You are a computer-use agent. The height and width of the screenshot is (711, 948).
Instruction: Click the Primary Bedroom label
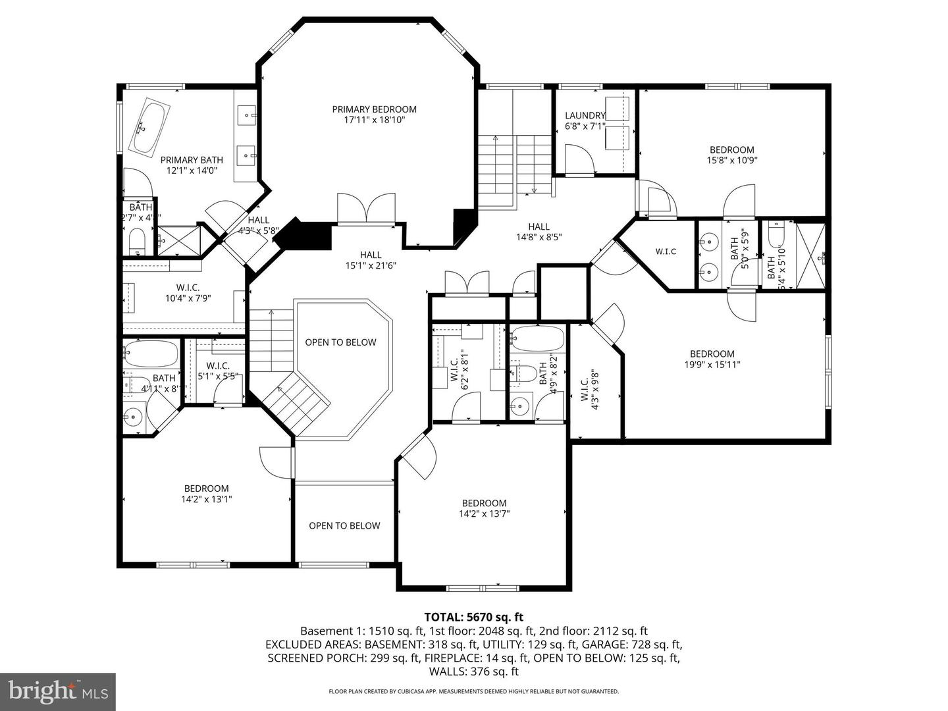pyautogui.click(x=374, y=109)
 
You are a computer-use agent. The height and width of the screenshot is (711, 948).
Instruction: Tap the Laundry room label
pyautogui.click(x=585, y=116)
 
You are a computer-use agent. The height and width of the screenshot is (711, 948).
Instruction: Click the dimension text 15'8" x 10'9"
pyautogui.click(x=731, y=160)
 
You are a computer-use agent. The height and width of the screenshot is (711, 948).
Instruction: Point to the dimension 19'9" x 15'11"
pyautogui.click(x=712, y=364)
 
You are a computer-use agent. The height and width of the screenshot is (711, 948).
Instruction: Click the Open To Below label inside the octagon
pyautogui.click(x=340, y=342)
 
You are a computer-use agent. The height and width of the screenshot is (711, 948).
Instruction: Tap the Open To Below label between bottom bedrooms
pyautogui.click(x=344, y=525)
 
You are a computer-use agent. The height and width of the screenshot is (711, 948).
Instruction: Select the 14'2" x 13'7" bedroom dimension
pyautogui.click(x=484, y=513)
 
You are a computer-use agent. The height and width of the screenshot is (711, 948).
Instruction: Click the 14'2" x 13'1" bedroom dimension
pyautogui.click(x=206, y=499)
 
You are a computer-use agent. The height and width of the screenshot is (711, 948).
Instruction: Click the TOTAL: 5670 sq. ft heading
pyautogui.click(x=473, y=617)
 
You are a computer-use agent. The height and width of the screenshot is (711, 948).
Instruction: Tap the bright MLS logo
pyautogui.click(x=58, y=691)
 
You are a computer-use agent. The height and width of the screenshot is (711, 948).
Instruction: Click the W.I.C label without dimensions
pyautogui.click(x=666, y=251)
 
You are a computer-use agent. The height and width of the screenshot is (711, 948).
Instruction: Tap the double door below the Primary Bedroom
pyautogui.click(x=367, y=210)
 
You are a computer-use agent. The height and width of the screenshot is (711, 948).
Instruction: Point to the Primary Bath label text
pyautogui.click(x=192, y=160)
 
